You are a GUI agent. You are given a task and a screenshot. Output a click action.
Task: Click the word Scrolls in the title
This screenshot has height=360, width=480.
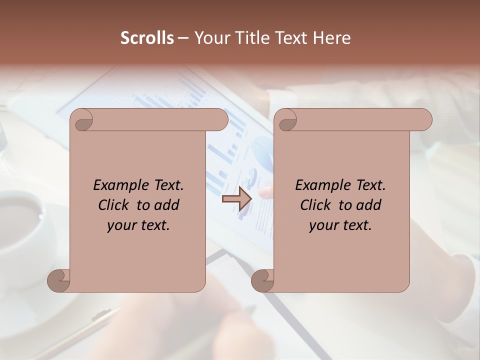(x=147, y=38)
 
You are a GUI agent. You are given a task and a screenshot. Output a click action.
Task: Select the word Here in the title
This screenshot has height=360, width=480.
(x=332, y=38)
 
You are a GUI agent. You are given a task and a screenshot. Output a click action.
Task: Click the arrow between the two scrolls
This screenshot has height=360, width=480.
(x=237, y=199)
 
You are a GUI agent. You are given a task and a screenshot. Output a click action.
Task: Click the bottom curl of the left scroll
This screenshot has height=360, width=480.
(x=58, y=281)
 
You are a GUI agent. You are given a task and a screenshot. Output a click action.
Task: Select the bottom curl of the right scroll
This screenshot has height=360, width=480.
(x=262, y=281)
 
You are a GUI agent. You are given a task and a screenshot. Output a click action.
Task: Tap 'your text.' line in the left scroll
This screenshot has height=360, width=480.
(x=138, y=225)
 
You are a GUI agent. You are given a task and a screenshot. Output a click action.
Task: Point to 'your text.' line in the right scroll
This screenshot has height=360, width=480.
(x=340, y=225)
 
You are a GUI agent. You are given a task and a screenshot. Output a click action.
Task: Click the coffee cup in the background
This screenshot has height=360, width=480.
(x=22, y=220)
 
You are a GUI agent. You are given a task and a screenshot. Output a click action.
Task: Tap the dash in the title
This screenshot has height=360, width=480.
(x=183, y=38)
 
